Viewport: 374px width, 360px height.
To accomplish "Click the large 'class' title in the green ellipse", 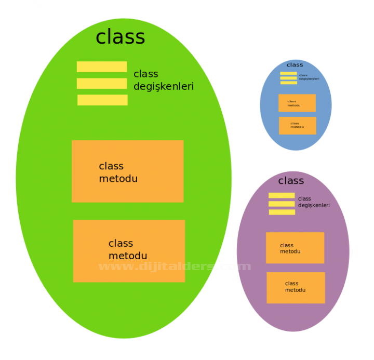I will [121, 37].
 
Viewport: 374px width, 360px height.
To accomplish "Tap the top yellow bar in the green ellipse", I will [102, 66].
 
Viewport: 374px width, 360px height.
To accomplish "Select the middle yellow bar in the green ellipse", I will [102, 84].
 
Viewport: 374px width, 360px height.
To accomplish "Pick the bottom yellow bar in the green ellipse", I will [102, 100].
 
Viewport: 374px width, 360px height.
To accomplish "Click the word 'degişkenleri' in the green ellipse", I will [164, 87].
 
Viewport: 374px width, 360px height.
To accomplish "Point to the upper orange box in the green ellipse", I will [127, 171].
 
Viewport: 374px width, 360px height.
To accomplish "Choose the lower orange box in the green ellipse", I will [129, 251].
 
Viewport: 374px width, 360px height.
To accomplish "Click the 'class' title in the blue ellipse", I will [295, 65].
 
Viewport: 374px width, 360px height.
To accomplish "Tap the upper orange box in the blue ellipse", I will [297, 103].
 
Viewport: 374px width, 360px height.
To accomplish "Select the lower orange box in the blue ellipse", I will [298, 126].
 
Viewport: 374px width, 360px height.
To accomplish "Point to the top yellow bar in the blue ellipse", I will [289, 73].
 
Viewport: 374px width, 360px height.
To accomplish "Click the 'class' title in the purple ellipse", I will [291, 181].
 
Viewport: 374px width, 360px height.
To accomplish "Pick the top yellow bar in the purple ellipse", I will [282, 195].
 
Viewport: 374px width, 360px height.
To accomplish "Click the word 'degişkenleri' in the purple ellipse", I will [314, 205].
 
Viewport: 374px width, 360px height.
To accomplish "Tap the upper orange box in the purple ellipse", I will [295, 248].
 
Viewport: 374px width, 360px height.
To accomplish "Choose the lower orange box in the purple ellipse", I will [296, 288].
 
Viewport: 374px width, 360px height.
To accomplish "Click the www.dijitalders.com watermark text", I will [175, 266].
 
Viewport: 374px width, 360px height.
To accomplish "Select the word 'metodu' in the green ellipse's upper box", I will [118, 179].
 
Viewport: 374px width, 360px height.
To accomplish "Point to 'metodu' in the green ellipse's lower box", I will [128, 256].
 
